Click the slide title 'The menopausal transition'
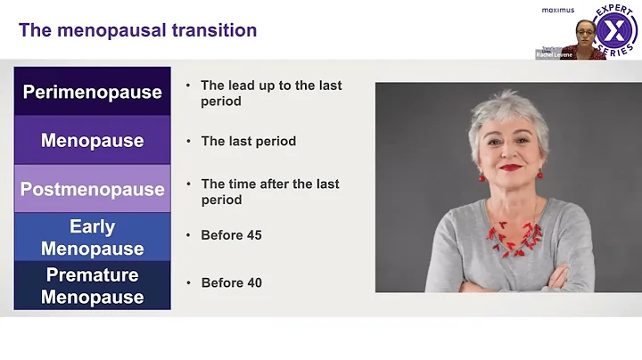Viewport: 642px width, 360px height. coord(137,30)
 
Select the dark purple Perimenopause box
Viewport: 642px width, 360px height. coord(92,92)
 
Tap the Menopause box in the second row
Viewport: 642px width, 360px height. coord(92,140)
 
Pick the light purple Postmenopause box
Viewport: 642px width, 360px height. coord(92,189)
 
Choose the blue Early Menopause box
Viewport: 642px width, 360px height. coord(92,237)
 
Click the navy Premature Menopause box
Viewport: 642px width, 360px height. coord(92,285)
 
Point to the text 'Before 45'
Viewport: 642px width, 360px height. coord(231,235)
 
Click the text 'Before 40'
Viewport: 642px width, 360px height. coord(231,283)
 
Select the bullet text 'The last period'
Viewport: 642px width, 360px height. coord(248,141)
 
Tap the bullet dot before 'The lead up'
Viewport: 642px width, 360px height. coord(188,86)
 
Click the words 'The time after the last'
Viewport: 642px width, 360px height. coord(269,184)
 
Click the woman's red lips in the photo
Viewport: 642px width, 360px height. coord(511,167)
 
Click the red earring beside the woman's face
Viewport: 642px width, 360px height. coord(482,176)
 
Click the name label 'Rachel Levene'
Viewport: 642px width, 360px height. coord(553,54)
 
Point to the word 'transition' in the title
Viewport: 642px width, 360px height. coord(216,30)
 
